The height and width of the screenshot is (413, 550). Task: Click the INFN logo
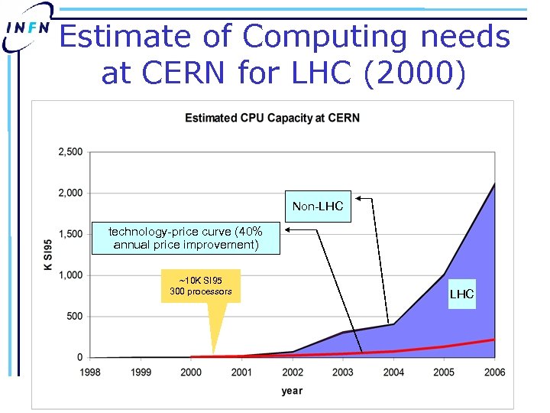click(27, 28)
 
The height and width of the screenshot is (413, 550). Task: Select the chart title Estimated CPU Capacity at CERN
click(273, 118)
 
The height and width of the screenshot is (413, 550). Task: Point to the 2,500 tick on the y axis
click(70, 152)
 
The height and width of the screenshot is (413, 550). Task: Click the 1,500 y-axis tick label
click(70, 234)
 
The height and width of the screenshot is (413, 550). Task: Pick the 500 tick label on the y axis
click(74, 316)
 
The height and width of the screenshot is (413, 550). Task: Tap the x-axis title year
click(291, 391)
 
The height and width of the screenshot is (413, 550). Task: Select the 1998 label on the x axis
click(90, 372)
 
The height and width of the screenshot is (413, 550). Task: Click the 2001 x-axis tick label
click(241, 372)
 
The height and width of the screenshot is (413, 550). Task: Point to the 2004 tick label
click(393, 372)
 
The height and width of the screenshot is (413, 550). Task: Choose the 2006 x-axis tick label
click(494, 372)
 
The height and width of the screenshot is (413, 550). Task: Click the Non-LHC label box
click(318, 206)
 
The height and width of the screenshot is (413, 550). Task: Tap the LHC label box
click(461, 294)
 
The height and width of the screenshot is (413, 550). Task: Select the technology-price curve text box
click(186, 238)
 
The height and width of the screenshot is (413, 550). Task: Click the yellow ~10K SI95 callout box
click(201, 286)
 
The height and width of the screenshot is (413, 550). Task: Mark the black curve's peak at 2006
click(494, 184)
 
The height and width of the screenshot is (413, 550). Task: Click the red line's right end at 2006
click(494, 339)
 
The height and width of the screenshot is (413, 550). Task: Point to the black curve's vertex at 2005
click(444, 274)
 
